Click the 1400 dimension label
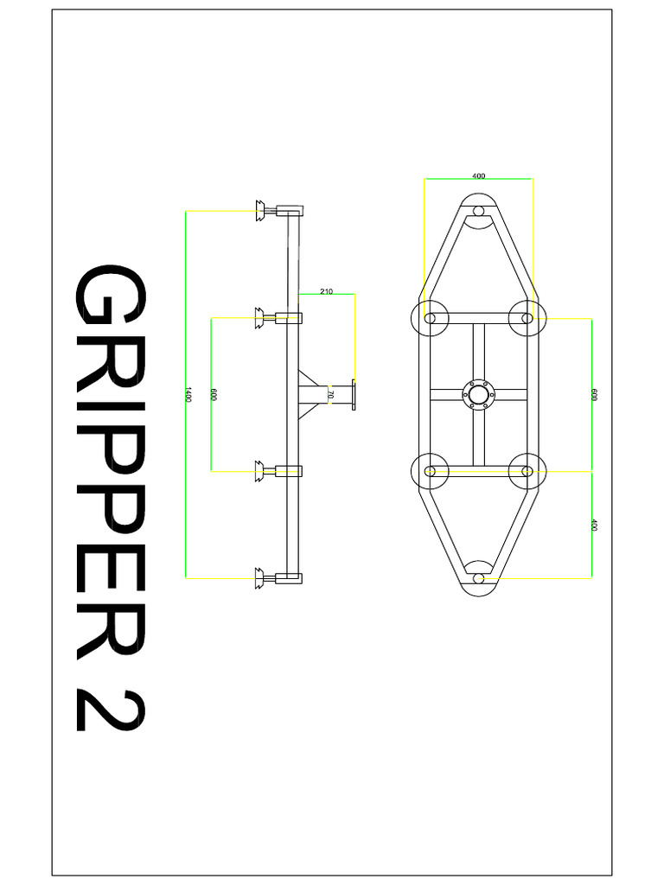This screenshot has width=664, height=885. pos(187,394)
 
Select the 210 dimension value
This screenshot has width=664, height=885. pos(326,292)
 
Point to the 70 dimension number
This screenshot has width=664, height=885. pos(331,394)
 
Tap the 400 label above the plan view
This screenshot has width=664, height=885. pos(479,175)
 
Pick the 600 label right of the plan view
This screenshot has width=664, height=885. pos(594,394)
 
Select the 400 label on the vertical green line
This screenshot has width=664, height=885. pos(594,525)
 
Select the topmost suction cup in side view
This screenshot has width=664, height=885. pos(260,210)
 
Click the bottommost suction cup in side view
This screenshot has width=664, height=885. pos(260,578)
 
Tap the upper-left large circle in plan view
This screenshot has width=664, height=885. pos(431,318)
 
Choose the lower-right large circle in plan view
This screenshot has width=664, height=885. pos(526,471)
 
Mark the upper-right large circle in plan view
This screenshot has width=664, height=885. pos(526,318)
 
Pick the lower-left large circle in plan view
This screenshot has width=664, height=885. pos(431,471)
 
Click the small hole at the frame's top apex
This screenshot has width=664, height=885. pos(478,210)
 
